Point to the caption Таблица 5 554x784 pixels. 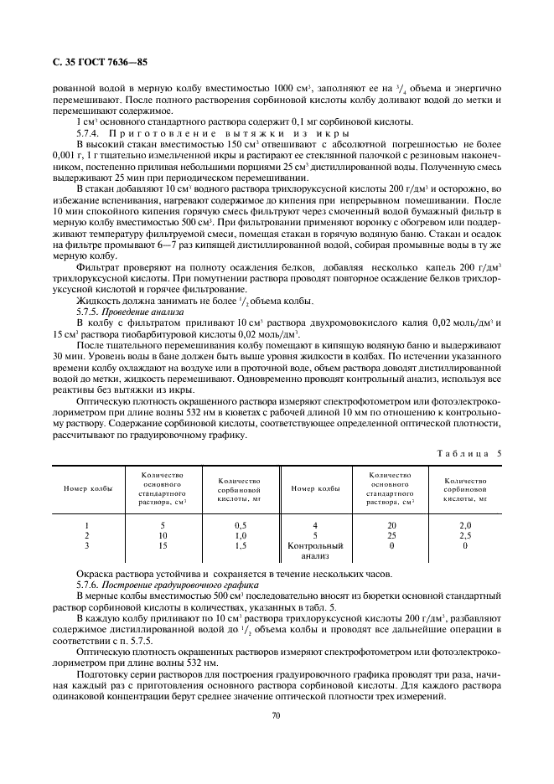pyautogui.click(x=469, y=453)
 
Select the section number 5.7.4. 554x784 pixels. pyautogui.click(x=88, y=133)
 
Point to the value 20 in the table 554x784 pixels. pyautogui.click(x=390, y=525)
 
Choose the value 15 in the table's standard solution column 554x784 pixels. pyautogui.click(x=162, y=545)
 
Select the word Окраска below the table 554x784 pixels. pyautogui.click(x=94, y=574)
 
